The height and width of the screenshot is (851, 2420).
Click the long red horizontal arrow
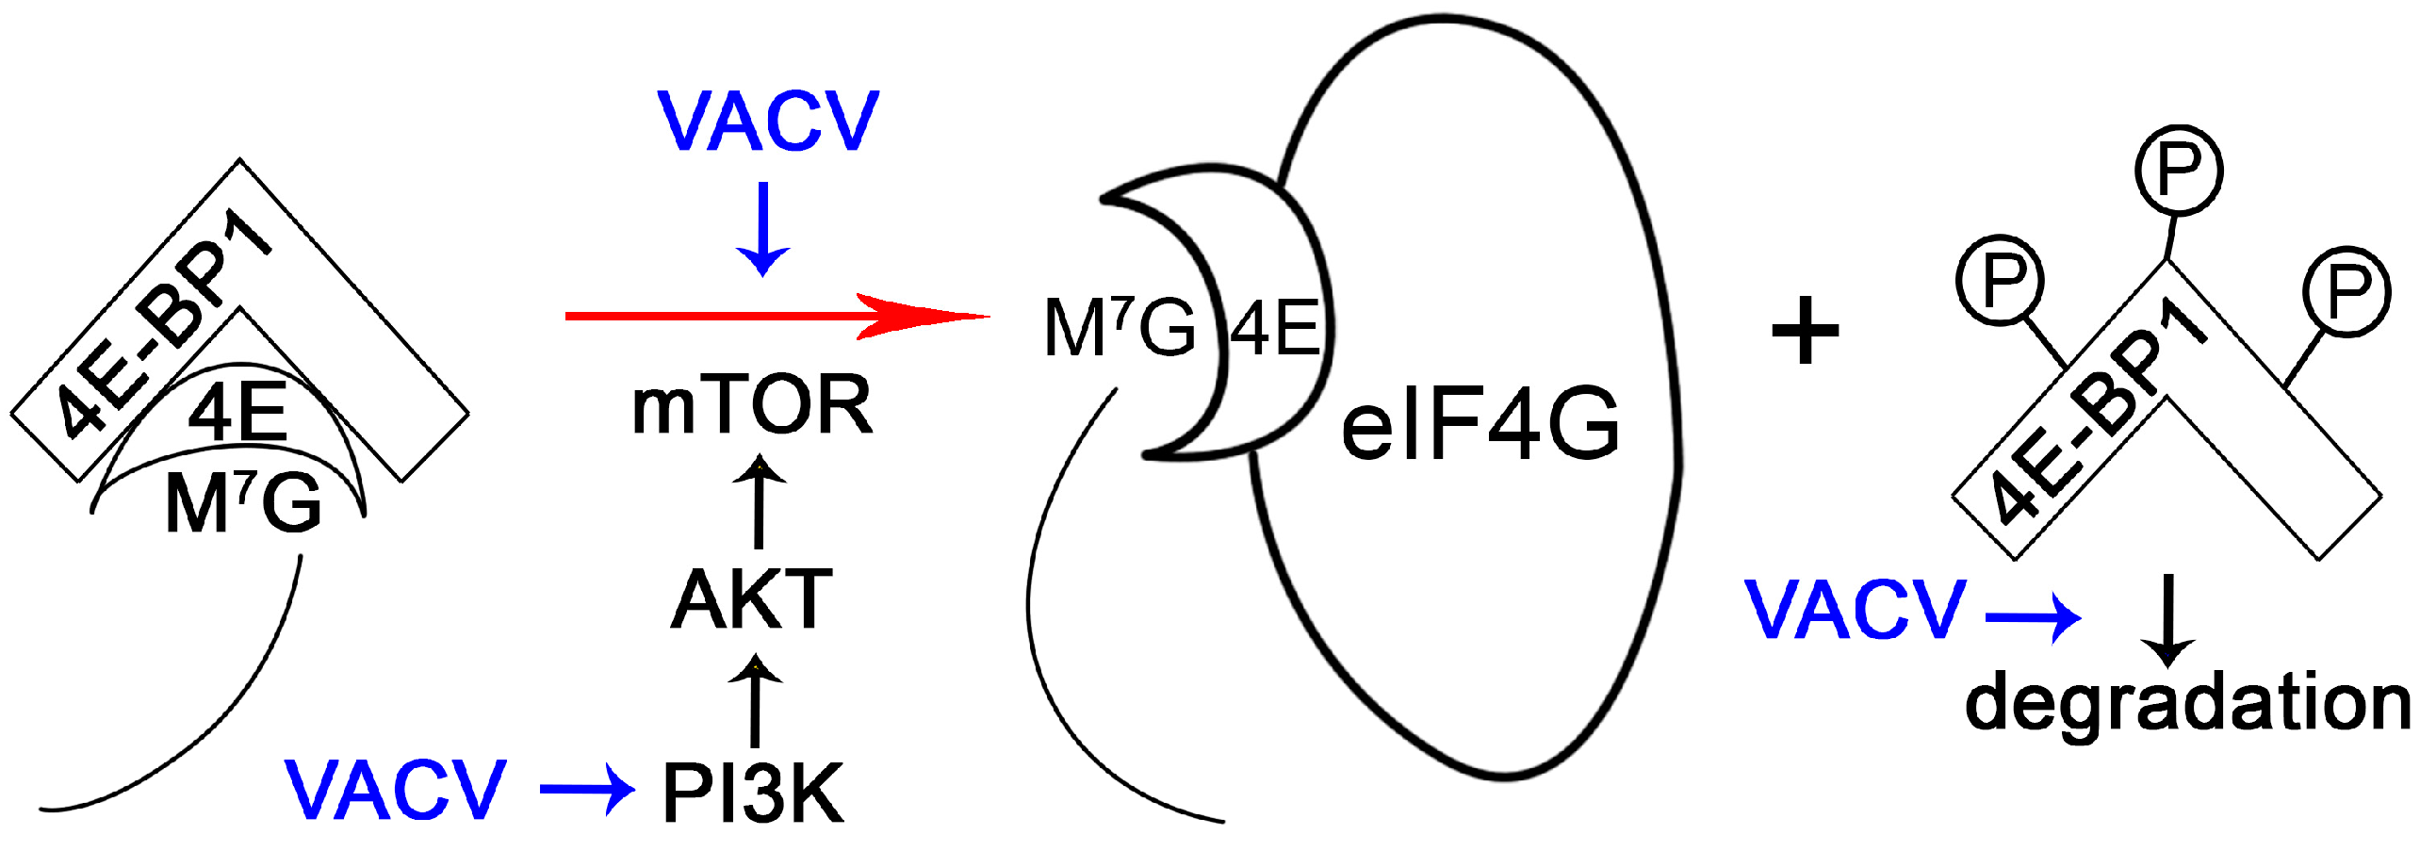773,316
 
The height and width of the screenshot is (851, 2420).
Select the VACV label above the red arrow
768,122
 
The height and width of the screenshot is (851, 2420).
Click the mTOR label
752,405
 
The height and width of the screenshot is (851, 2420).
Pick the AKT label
751,599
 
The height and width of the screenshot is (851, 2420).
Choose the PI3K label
752,794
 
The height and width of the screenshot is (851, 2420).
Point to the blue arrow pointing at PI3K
587,790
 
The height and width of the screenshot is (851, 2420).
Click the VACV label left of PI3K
396,790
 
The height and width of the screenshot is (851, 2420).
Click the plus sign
1805,331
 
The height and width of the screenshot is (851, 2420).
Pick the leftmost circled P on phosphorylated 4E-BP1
2000,280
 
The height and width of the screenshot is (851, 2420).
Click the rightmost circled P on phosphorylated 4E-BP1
2346,291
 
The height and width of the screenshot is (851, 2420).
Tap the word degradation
2186,703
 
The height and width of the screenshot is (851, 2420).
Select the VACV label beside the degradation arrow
1855,610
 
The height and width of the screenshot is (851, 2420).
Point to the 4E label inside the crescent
1275,329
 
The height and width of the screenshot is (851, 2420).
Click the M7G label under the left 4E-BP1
243,502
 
